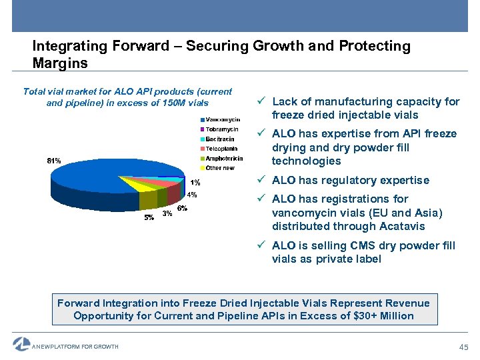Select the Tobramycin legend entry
pyautogui.click(x=222, y=129)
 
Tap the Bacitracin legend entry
pyautogui.click(x=219, y=139)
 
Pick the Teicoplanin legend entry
pyautogui.click(x=221, y=149)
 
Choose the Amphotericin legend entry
pyautogui.click(x=223, y=158)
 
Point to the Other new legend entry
pyautogui.click(x=219, y=168)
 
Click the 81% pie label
pyautogui.click(x=54, y=161)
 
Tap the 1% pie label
pyautogui.click(x=195, y=183)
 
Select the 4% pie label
pyautogui.click(x=191, y=195)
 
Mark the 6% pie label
pyautogui.click(x=182, y=209)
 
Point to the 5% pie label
pyautogui.click(x=149, y=217)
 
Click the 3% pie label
pyautogui.click(x=167, y=213)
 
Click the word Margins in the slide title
pyautogui.click(x=59, y=63)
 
